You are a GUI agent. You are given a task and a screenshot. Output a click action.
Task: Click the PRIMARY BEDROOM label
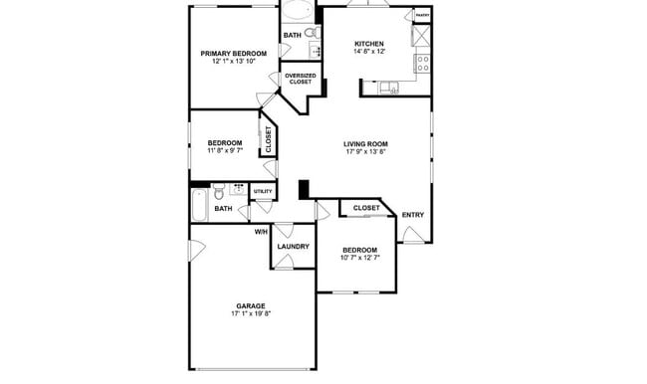pos(234,53)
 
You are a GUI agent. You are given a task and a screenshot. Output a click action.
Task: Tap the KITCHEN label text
pos(369,44)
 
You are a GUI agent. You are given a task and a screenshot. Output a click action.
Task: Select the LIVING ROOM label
pos(365,144)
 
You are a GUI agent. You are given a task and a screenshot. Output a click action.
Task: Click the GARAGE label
pos(250,304)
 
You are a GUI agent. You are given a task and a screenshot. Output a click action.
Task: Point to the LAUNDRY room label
pos(293,247)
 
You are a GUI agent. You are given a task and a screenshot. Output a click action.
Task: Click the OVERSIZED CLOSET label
pos(300,80)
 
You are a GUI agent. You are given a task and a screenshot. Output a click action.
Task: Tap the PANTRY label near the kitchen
pos(422,16)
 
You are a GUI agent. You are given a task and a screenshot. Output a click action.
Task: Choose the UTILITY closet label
pos(262,191)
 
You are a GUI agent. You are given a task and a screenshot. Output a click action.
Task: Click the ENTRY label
pos(412,214)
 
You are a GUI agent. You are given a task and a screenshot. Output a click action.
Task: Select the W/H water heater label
pos(260,232)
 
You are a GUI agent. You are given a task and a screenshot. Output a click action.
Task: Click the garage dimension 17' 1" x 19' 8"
pos(251,313)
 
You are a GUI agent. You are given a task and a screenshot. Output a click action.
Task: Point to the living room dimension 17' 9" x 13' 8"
pos(365,153)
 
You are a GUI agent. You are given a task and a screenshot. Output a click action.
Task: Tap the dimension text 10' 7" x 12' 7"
pos(359,259)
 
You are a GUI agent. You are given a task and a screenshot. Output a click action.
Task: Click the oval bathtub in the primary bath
pos(296,13)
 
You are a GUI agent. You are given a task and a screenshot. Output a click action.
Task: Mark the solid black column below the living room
pos(305,189)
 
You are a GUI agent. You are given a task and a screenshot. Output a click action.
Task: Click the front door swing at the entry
pos(413,235)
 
